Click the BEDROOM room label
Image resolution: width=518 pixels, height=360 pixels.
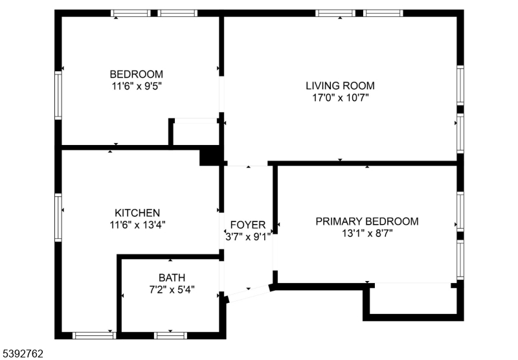tap(136, 74)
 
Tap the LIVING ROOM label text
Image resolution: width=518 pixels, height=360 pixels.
tap(340, 85)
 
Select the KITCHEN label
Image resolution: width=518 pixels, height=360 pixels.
tap(137, 213)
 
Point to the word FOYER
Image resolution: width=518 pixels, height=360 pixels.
tap(248, 225)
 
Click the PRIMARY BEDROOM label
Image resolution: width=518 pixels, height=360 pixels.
tap(366, 221)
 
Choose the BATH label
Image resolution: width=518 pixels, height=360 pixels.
tap(172, 278)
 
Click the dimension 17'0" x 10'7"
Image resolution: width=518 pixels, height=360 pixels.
tap(340, 98)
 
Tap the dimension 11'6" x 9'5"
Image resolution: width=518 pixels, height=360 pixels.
tap(136, 86)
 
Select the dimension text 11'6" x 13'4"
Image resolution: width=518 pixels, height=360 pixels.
tap(137, 225)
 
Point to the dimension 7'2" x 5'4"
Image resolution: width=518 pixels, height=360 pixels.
tap(172, 290)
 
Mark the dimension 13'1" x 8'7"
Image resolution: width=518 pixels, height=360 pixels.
tap(366, 234)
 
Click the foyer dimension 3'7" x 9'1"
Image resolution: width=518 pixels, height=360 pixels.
tap(248, 237)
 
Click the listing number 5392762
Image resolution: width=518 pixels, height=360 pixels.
tap(23, 354)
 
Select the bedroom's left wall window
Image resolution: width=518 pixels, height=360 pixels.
tap(58, 95)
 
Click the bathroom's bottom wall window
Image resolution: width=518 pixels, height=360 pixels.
tap(171, 335)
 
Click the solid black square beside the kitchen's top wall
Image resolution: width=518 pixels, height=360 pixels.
tap(210, 156)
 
